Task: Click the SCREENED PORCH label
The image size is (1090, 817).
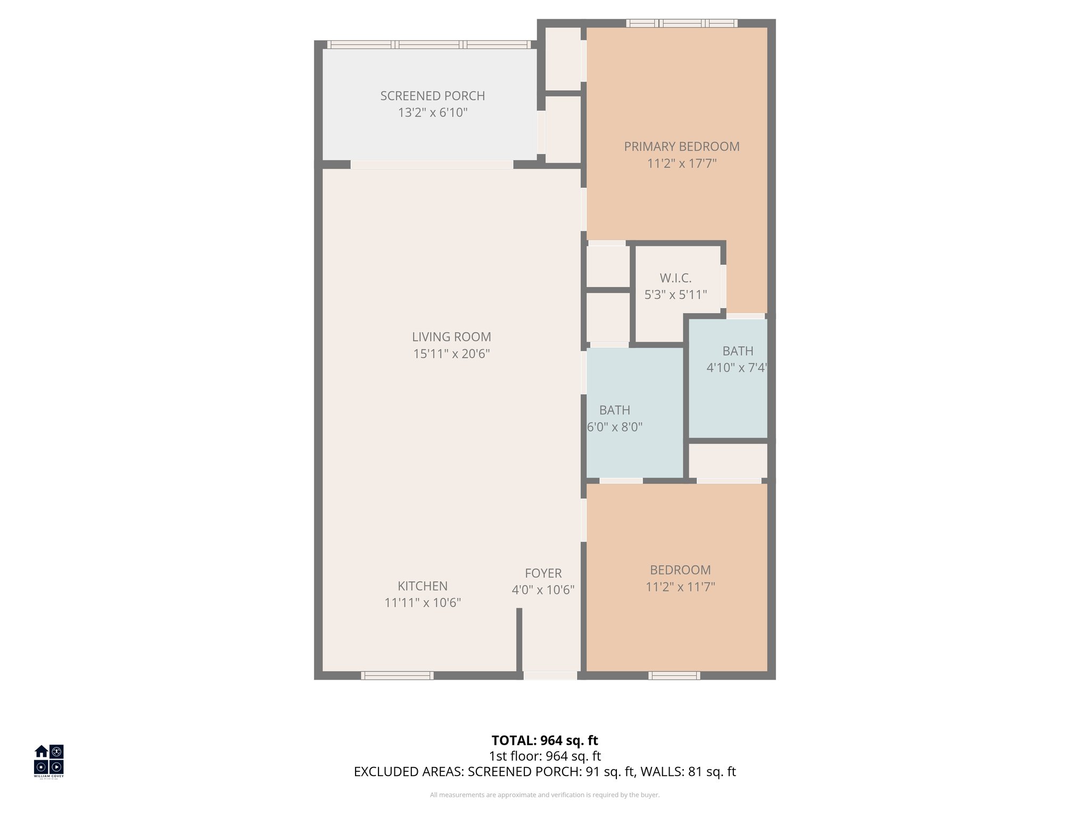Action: coord(432,96)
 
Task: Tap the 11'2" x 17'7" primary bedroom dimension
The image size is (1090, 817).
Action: coord(681,163)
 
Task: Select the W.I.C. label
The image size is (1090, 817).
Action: coord(675,278)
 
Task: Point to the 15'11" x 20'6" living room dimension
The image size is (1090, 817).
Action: coord(451,354)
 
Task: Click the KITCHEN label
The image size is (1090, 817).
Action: coord(423,586)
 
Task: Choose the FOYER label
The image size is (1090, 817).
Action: coord(543,573)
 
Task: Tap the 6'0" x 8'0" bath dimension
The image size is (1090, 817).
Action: coord(615,427)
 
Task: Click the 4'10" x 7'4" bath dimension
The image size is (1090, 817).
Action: coord(737,368)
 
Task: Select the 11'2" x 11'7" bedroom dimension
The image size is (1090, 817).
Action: coord(680,587)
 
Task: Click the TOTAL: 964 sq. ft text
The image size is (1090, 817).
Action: coord(544,740)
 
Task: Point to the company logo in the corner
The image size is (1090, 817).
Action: coord(49,761)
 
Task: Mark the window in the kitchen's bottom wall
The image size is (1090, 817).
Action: coord(397,676)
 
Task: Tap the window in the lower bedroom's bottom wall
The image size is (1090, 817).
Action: coord(674,676)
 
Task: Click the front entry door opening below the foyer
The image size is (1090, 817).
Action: coord(550,676)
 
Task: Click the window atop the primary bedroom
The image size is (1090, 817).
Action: coord(681,23)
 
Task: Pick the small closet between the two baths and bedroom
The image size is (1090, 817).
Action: coord(728,461)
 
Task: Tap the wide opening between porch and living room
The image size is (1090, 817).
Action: coord(432,165)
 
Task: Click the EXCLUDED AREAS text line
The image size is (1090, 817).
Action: coord(544,772)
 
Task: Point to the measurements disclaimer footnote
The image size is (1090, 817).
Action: coord(544,795)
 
